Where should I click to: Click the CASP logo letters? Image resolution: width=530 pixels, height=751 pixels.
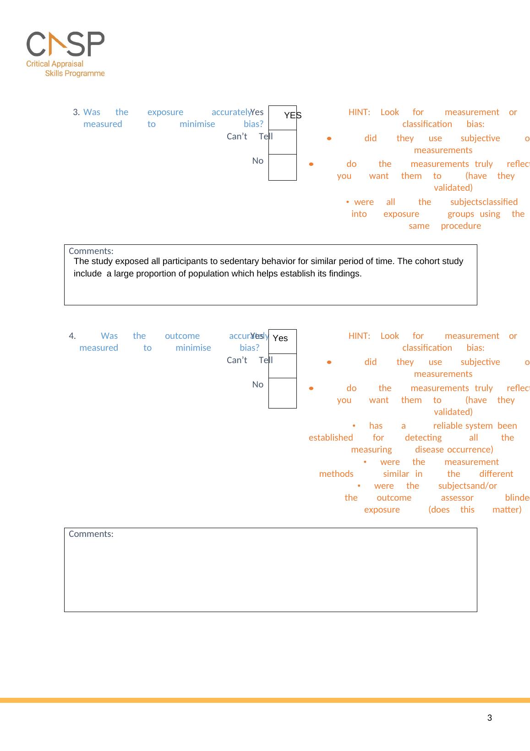click(66, 44)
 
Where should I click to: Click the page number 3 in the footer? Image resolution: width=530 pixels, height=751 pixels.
click(490, 718)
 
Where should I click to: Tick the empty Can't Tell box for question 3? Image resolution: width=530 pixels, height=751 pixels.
click(282, 142)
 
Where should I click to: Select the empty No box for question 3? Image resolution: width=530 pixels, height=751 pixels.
click(282, 167)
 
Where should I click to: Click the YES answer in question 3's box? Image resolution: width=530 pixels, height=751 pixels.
click(292, 116)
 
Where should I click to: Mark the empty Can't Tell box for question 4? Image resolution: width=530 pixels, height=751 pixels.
click(282, 366)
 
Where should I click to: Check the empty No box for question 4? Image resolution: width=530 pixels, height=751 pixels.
click(282, 392)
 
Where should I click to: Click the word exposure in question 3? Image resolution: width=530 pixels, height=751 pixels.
click(165, 112)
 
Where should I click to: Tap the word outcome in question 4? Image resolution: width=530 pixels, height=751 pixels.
click(182, 336)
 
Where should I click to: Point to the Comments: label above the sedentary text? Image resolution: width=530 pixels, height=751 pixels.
click(91, 251)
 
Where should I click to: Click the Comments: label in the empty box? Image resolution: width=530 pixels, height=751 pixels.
click(91, 534)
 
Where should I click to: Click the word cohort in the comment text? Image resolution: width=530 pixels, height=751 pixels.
click(426, 261)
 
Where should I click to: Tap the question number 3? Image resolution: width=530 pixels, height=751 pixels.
click(76, 112)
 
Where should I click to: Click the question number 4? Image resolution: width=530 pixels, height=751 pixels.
click(72, 336)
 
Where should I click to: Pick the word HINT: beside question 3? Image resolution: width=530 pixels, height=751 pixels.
click(359, 112)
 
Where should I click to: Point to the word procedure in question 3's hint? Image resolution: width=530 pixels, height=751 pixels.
click(461, 226)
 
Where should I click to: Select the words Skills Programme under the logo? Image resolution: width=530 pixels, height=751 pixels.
click(75, 73)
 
